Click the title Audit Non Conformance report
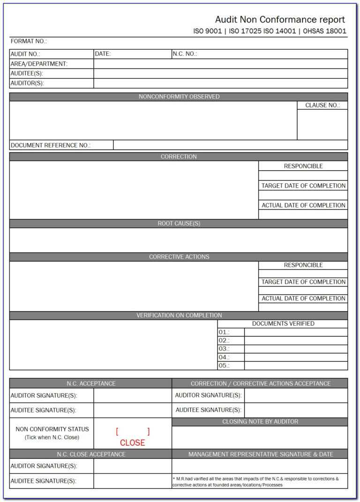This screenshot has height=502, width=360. (280, 20)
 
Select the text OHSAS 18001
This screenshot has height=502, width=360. (325, 31)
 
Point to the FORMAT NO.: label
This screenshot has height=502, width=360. (29, 41)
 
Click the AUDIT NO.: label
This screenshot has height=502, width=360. (25, 54)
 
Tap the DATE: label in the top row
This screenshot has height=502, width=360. (103, 54)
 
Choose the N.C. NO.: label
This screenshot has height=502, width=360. (185, 54)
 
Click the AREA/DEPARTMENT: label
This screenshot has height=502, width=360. (39, 64)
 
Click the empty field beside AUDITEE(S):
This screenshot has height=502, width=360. (220, 74)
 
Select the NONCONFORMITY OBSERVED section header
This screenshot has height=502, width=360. (179, 97)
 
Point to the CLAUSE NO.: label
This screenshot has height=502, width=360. (322, 105)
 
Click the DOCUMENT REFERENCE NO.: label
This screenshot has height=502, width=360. (51, 145)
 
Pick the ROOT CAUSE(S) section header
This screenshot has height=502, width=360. (179, 224)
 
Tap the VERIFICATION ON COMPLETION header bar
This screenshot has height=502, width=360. (179, 315)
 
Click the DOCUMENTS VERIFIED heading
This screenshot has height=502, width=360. (283, 323)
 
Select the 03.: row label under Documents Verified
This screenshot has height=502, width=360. (224, 349)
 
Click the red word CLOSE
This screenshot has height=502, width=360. (132, 442)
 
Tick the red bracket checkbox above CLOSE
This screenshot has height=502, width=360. (133, 431)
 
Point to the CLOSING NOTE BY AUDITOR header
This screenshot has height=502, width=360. (260, 422)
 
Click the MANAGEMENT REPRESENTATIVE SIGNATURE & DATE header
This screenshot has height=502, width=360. (260, 454)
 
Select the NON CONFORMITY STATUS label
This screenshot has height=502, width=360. (52, 429)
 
